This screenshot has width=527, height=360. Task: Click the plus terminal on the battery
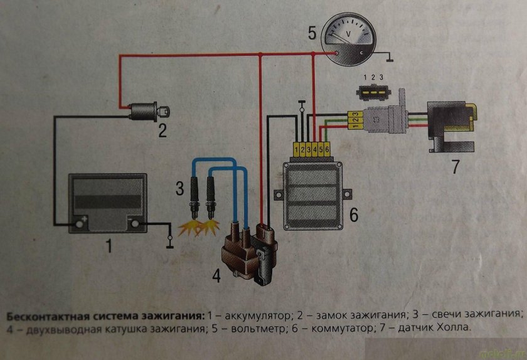[x=80, y=221]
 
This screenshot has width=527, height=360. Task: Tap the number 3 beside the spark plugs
[x=180, y=186]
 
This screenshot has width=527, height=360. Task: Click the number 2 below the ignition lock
[x=161, y=132]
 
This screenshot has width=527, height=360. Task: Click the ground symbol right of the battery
[x=169, y=241]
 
